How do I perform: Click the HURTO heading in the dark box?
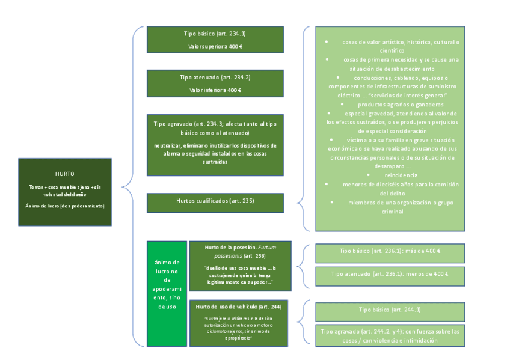click(x=64, y=174)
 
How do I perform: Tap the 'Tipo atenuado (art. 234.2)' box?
click(x=215, y=83)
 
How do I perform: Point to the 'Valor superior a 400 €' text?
click(x=215, y=46)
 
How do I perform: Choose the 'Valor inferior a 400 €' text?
click(x=215, y=90)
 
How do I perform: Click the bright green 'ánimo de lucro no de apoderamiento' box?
click(x=167, y=293)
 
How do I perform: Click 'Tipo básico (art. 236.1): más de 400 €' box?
click(x=390, y=252)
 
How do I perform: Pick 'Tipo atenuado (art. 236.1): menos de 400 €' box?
click(x=390, y=275)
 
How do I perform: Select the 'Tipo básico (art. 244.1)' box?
click(x=390, y=310)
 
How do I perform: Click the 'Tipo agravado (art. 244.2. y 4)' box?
click(x=390, y=335)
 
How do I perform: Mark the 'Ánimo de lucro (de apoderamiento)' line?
click(x=65, y=206)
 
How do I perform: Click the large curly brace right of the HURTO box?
click(x=127, y=186)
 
